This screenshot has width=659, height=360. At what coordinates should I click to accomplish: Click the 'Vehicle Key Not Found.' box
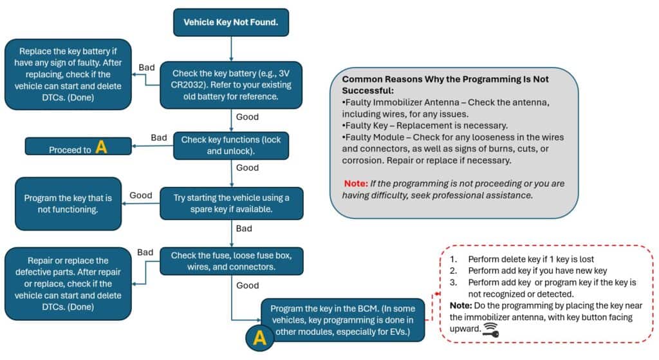[231, 23]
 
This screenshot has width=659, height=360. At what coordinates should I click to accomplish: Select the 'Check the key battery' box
[231, 85]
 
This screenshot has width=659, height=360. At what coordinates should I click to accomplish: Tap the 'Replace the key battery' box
[68, 75]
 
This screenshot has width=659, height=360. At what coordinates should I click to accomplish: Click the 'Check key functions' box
[231, 146]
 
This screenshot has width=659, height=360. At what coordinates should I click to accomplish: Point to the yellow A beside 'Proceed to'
[101, 147]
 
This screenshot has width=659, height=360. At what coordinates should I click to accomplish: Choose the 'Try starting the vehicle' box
[231, 204]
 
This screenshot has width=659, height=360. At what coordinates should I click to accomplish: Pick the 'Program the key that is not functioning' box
[68, 204]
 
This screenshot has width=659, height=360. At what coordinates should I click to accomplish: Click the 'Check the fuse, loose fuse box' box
[231, 261]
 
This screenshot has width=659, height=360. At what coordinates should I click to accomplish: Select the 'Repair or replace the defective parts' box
[68, 284]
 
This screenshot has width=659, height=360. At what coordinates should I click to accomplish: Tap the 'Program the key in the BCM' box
[342, 320]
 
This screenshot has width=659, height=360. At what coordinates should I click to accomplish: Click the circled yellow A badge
[260, 337]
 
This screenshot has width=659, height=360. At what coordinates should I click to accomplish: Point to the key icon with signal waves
[490, 330]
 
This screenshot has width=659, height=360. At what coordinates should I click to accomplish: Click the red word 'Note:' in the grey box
[355, 184]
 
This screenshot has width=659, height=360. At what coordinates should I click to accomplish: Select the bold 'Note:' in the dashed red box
[461, 306]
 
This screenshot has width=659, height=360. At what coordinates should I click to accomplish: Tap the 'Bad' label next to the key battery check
[147, 67]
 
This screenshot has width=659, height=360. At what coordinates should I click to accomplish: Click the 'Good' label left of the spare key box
[141, 195]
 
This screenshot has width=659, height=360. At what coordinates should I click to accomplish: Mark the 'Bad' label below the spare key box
[244, 229]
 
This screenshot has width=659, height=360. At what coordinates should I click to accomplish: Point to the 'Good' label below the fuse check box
[248, 285]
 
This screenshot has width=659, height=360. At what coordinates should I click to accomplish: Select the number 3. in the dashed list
[454, 282]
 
